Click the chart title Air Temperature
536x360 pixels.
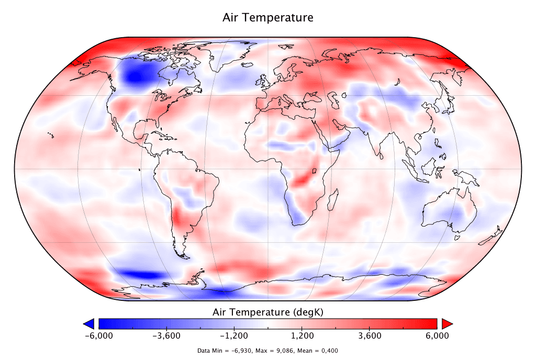(268, 18)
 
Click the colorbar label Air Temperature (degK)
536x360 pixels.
(268, 312)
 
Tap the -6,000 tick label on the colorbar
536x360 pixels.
(98, 336)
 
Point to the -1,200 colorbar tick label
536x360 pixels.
(234, 336)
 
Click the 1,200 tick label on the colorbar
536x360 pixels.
(302, 336)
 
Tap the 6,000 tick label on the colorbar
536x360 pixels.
(437, 336)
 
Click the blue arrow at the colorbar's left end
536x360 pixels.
(88, 323)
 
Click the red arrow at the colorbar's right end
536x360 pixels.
(447, 323)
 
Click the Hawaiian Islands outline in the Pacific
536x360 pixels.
(51, 136)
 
